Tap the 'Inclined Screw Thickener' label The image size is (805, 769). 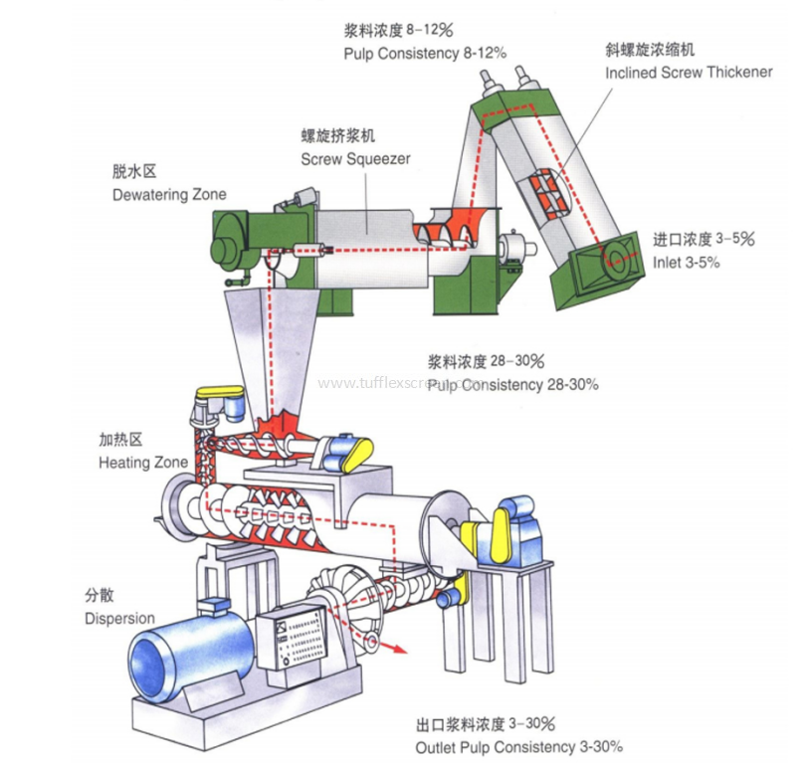point(689,73)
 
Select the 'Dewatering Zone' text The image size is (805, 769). point(169,194)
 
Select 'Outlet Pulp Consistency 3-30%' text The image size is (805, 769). point(519,747)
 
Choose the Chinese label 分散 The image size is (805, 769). point(100,597)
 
